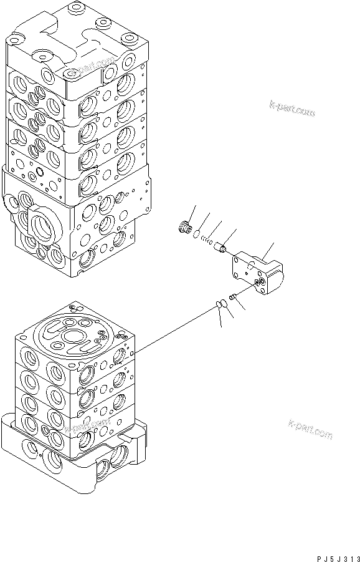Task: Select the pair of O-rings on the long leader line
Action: tap(220, 304)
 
